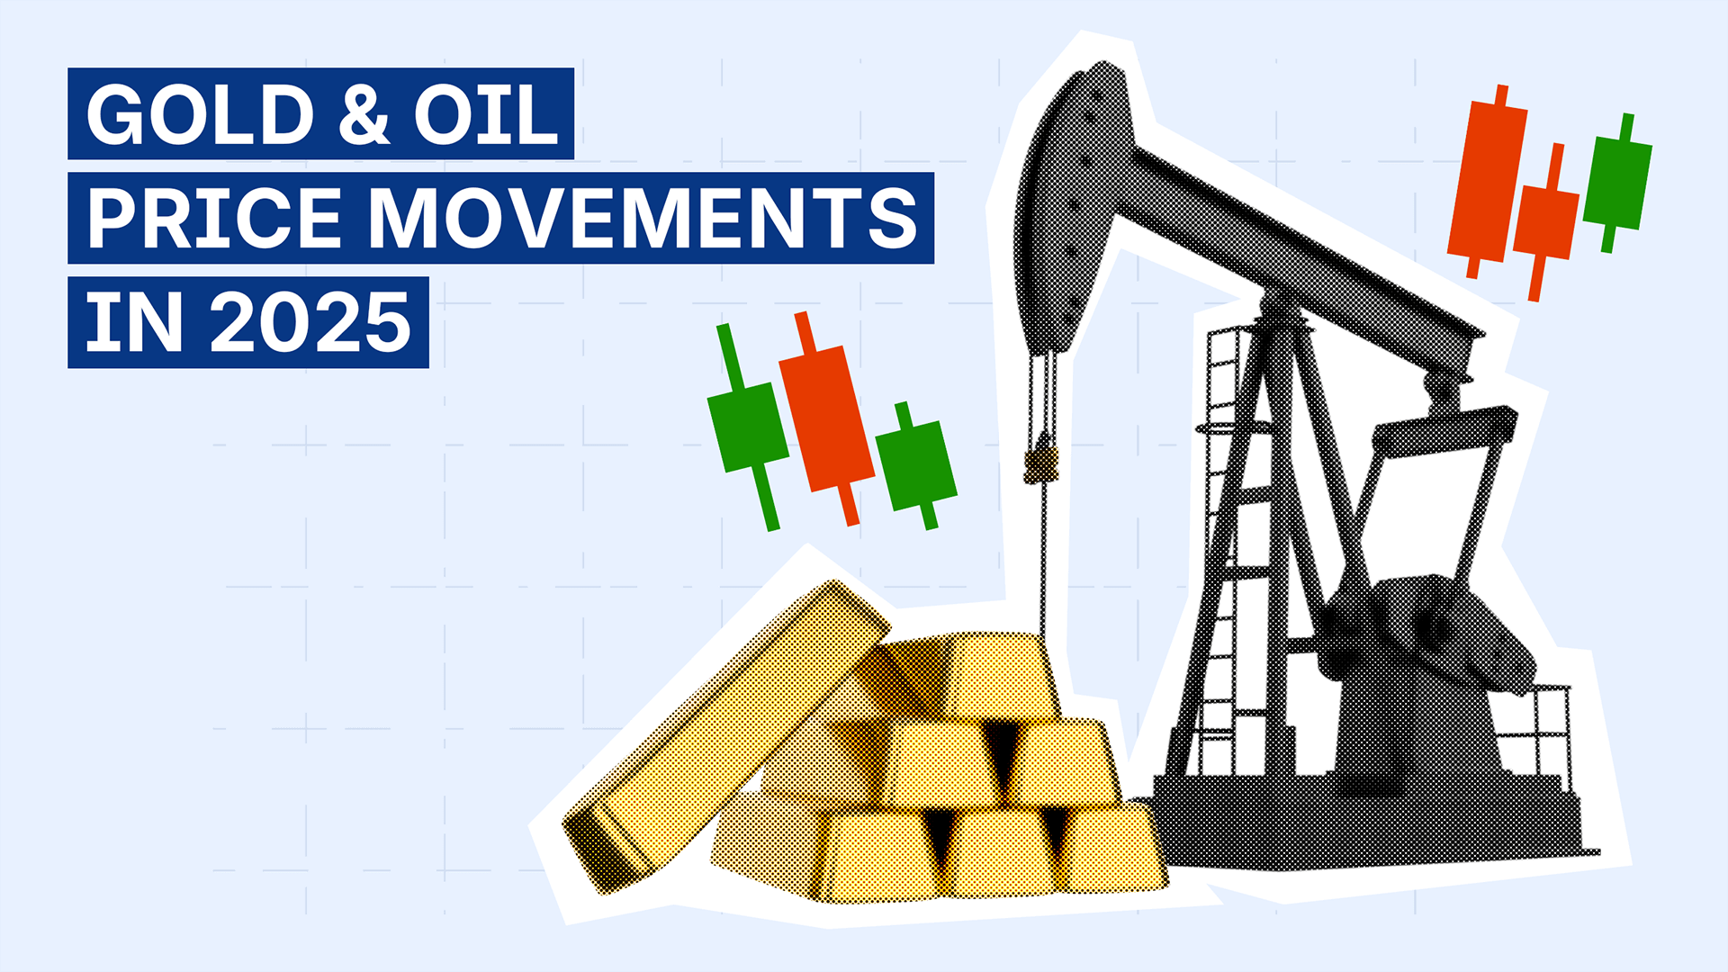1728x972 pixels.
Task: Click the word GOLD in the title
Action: click(200, 114)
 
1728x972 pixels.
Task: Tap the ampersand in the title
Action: click(364, 114)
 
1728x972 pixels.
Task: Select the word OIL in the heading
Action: click(487, 114)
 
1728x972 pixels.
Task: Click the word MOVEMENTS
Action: click(643, 219)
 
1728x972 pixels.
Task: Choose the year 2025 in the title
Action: click(310, 323)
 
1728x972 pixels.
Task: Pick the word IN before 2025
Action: click(135, 323)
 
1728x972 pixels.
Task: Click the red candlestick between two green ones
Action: click(825, 418)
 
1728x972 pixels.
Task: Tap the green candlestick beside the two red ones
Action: click(1617, 183)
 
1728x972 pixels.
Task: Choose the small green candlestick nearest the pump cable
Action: click(916, 464)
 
